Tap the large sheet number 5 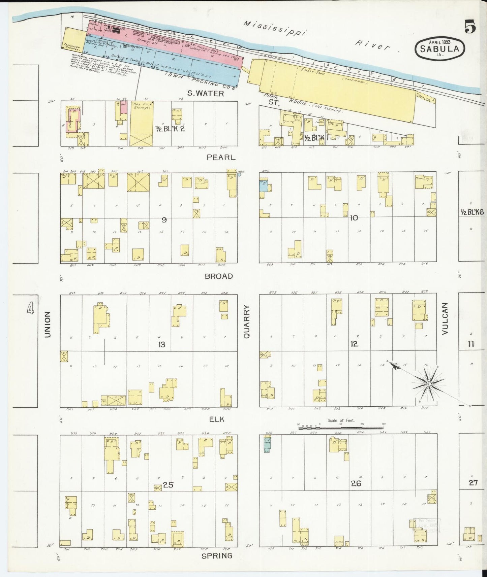pos(470,27)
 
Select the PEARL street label pos(221,158)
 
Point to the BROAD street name pos(219,276)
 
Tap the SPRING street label pos(217,555)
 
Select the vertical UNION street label pos(47,324)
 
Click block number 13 pos(162,344)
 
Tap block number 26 pos(356,483)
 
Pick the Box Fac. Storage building pos(141,123)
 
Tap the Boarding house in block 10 pos(424,181)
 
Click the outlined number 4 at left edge pos(31,308)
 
